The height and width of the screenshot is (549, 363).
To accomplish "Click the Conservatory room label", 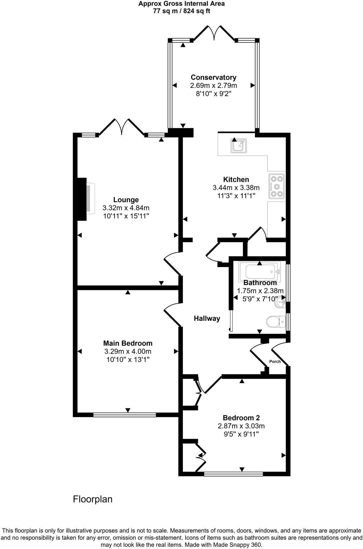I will point(214,77).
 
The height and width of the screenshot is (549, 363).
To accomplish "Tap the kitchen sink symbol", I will point(239,145).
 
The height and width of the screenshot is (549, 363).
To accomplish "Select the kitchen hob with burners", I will point(277,186).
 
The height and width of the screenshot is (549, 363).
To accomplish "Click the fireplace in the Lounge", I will point(85,199).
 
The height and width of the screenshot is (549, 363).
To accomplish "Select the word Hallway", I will point(207,318).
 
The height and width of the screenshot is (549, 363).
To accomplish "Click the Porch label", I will point(275,362).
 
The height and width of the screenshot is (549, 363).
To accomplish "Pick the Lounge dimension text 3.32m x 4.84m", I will point(126,208).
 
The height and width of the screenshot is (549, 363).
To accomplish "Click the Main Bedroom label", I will point(128,343).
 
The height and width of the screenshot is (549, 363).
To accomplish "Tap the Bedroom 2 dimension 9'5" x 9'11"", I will point(241,434).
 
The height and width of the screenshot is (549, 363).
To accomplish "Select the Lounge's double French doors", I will point(122,126).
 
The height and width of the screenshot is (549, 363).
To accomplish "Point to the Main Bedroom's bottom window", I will point(125,415).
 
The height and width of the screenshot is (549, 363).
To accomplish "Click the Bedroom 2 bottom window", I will point(233,474).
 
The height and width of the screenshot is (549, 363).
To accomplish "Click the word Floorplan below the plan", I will point(93,499).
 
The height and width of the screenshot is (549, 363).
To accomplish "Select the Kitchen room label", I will point(236,179).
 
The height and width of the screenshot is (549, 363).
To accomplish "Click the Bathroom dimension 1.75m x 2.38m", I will point(260,291).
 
